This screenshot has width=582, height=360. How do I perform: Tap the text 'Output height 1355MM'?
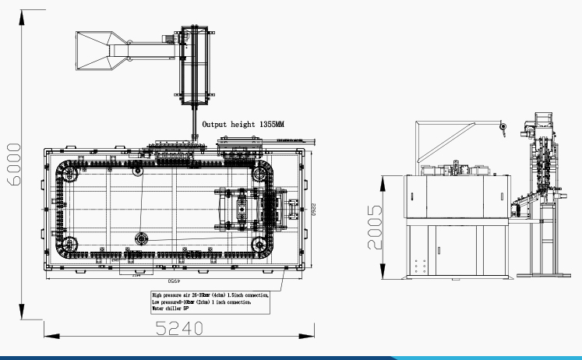(242, 124)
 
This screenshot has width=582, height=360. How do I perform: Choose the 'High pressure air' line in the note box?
(210, 295)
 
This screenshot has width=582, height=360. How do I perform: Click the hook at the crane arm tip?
(503, 128)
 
